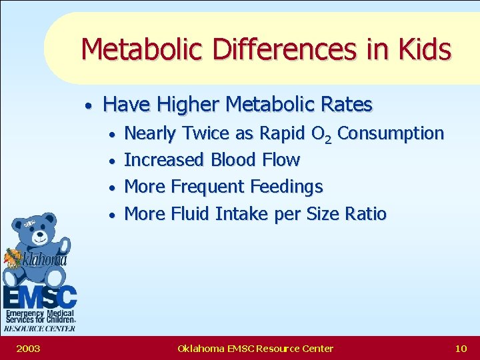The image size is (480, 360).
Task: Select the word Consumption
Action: [x=391, y=133]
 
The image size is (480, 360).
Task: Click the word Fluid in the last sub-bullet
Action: [x=191, y=214]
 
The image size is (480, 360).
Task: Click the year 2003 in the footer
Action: [x=28, y=348]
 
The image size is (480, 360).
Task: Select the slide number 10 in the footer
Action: [x=461, y=348]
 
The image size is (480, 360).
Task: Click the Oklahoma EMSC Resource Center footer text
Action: [x=255, y=348]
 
